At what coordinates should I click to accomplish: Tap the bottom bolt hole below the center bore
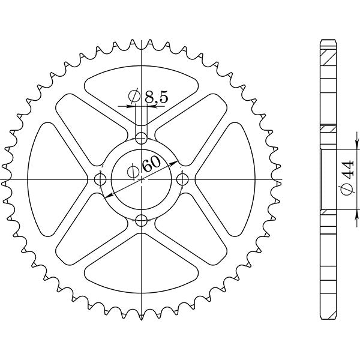point(141,220)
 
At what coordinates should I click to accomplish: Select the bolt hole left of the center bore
point(100,179)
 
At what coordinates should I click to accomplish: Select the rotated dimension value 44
point(346,174)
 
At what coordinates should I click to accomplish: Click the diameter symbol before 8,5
point(134,96)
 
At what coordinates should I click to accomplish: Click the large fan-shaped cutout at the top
point(141,90)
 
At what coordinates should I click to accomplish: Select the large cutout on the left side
point(51,179)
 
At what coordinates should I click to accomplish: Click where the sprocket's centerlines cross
point(141,179)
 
